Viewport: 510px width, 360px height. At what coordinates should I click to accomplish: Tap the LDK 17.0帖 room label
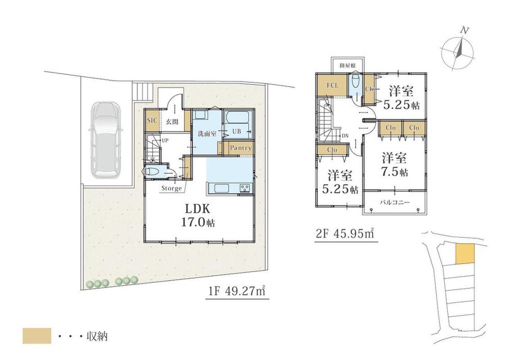pos(198,216)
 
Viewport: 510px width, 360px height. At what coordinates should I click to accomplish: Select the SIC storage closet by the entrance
pos(152,121)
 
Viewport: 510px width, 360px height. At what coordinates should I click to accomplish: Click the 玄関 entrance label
pos(172,122)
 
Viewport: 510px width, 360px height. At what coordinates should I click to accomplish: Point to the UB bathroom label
pos(236,131)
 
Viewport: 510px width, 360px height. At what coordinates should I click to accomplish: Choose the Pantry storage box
pos(240,148)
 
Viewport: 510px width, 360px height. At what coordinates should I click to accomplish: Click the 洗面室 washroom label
pos(208,133)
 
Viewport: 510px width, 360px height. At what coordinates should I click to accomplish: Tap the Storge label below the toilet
pos(172,188)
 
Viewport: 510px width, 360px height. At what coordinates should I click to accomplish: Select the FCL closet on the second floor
pos(332,85)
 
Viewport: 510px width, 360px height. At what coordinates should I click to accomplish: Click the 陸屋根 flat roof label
pos(348,65)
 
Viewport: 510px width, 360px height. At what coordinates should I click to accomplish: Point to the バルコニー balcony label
pos(395,202)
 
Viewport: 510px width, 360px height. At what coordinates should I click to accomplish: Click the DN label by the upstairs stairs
pos(345,135)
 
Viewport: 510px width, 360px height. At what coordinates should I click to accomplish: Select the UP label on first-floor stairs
pos(165,141)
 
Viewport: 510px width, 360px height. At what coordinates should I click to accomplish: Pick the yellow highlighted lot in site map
pos(465,254)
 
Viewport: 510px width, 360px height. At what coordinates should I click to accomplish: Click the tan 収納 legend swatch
pos(37,336)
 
